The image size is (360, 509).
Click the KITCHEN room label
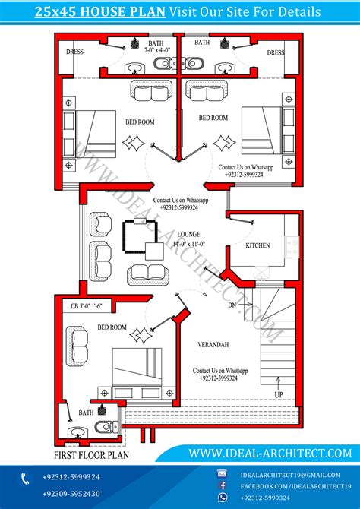[257, 245]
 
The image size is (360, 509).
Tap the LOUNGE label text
[188, 234]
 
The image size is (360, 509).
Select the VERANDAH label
[213, 345]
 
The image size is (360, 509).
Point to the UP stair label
[279, 395]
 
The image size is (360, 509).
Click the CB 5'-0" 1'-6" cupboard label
[87, 306]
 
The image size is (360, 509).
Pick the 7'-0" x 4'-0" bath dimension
[157, 50]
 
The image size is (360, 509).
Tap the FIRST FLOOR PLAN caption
[91, 455]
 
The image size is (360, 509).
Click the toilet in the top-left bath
[163, 63]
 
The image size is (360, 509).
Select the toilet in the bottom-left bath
[106, 426]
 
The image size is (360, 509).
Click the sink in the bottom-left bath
[78, 433]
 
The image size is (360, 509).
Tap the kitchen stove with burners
[292, 247]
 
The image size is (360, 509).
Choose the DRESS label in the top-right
[276, 53]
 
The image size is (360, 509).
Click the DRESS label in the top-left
[74, 52]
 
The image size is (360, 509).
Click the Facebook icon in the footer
[223, 486]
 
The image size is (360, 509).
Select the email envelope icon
[222, 474]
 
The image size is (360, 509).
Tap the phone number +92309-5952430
[71, 494]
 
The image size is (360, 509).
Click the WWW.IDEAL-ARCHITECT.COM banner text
[270, 453]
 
